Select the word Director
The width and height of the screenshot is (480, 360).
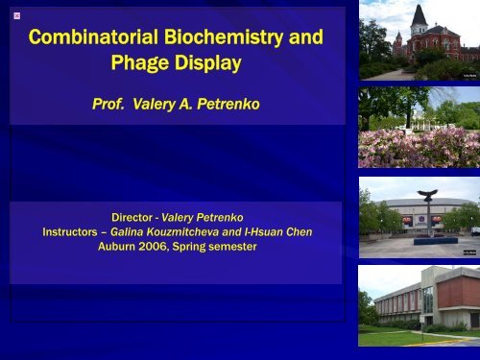click(x=137, y=218)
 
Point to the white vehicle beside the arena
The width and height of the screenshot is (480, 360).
click(x=474, y=231)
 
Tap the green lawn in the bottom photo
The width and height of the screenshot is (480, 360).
click(x=403, y=338)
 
